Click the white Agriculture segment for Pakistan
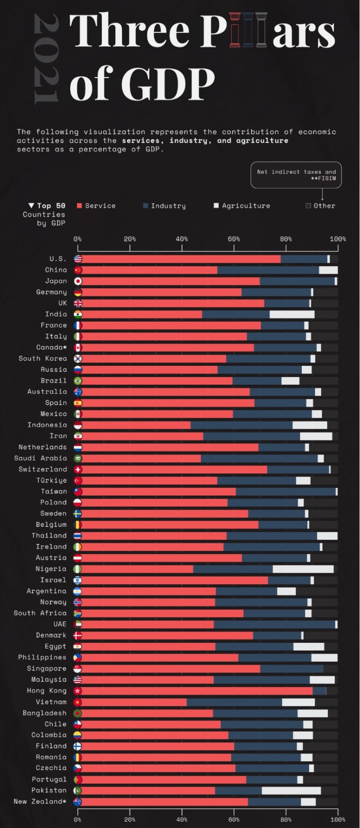click(291, 791)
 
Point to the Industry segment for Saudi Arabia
click(259, 458)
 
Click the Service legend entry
click(96, 206)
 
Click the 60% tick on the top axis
click(234, 239)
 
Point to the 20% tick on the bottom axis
click(130, 819)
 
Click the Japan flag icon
click(78, 281)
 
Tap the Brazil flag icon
click(78, 381)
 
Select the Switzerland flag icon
click(78, 469)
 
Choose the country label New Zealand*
click(40, 802)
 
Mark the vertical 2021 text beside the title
click(46, 59)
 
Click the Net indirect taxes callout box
click(296, 175)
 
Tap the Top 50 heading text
click(47, 206)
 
